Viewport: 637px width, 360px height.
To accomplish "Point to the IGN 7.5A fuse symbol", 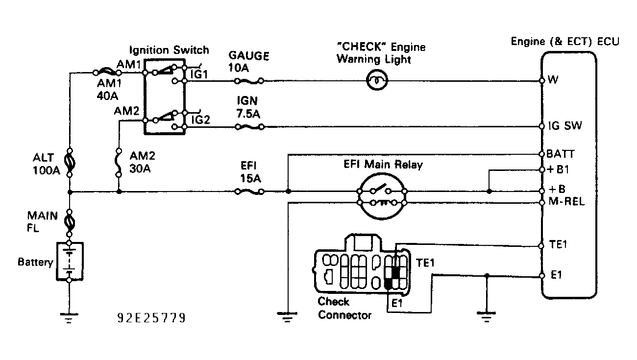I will (x=249, y=127).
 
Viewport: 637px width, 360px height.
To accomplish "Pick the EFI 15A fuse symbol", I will (x=249, y=192).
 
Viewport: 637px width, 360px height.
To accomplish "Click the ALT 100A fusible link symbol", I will (x=69, y=162).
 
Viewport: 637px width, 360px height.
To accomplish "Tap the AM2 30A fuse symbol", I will (x=118, y=162).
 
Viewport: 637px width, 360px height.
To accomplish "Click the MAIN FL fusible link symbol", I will (x=69, y=223).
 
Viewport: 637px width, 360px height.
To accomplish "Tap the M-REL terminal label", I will (x=567, y=202).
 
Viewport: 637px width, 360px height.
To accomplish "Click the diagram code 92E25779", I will (x=151, y=319).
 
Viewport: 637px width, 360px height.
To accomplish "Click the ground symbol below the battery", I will (x=69, y=318).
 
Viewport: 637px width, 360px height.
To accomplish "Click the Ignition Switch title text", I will (x=169, y=50).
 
